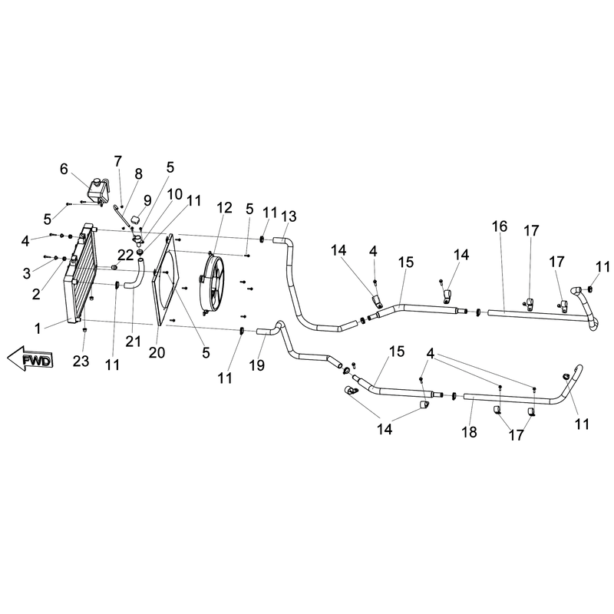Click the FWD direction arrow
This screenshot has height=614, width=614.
30,358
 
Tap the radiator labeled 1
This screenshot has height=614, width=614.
80,273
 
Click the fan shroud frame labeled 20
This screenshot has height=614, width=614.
167,280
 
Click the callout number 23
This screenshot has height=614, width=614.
81,361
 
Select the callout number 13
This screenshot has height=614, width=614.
289,216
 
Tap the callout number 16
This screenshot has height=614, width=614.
500,226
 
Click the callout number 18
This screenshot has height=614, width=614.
469,432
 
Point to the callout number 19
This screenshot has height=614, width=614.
257,365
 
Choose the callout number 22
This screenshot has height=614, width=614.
126,256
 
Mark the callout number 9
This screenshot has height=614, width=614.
147,200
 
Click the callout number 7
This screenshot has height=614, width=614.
118,161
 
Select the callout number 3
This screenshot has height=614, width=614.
27,273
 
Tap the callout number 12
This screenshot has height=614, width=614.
224,207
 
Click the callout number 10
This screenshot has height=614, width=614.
175,194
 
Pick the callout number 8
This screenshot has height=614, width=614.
139,174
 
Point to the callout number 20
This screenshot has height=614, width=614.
157,352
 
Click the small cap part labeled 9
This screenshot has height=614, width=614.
135,218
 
